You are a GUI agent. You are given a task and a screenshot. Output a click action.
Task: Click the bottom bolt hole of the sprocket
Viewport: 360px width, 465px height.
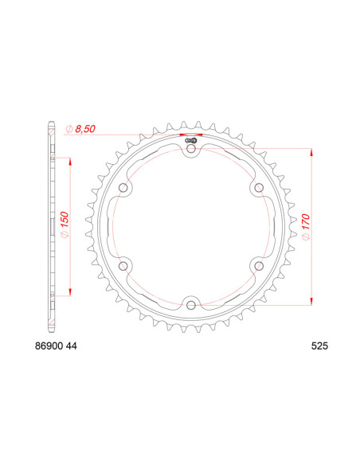point(191,303)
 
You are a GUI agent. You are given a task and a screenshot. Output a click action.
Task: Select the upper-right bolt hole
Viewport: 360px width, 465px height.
point(258,187)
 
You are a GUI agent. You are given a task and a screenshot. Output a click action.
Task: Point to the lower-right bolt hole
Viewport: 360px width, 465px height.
point(258,264)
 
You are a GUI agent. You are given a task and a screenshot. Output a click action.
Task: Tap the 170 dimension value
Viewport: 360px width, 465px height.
point(306,222)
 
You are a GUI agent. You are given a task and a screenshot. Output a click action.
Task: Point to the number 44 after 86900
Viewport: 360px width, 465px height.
point(72,346)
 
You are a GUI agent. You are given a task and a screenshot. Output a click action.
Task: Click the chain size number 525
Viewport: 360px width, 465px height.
point(319,346)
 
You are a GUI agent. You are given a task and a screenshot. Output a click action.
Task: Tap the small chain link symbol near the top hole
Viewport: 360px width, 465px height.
point(191,137)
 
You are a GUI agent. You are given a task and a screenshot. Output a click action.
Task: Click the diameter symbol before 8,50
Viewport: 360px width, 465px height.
point(70,128)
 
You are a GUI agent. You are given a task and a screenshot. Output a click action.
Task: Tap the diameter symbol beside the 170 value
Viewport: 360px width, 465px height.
point(306,236)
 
